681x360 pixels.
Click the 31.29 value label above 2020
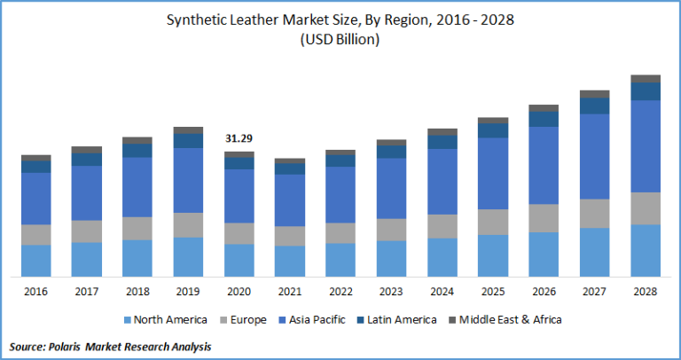[x=239, y=138]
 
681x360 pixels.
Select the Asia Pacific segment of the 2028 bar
[x=646, y=146]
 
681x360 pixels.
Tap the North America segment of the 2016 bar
[x=36, y=260]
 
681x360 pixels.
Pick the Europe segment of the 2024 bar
[x=442, y=226]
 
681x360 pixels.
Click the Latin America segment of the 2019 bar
[x=188, y=141]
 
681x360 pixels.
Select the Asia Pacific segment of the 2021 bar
[x=289, y=200]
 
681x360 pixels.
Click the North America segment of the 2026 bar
[x=544, y=254]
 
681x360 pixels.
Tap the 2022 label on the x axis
[x=340, y=291]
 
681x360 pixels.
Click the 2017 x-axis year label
[x=87, y=291]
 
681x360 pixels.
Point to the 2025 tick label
[x=493, y=291]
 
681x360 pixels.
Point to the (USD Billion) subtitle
[x=340, y=40]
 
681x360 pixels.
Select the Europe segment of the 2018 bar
[x=137, y=229]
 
